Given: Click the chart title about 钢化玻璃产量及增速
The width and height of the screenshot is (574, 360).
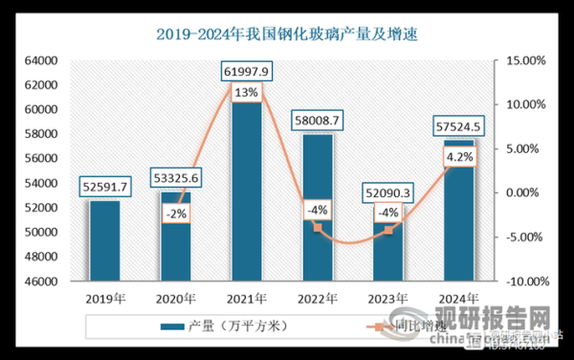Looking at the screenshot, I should [x=286, y=35].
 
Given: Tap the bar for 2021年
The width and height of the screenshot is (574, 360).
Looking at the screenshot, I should [x=246, y=191].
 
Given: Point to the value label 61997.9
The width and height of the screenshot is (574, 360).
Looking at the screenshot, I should [x=246, y=71].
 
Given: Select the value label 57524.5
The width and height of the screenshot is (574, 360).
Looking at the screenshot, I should [x=458, y=125].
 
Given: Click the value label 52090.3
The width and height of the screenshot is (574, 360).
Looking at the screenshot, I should [x=388, y=194].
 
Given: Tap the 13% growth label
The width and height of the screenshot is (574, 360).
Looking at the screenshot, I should [x=246, y=93].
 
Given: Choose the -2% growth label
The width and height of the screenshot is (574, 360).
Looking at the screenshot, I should [x=175, y=214].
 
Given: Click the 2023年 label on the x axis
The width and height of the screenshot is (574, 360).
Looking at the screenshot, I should [x=387, y=299].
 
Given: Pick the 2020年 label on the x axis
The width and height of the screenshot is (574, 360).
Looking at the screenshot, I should [x=175, y=299].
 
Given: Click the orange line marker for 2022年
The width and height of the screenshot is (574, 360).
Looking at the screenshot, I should [x=317, y=227].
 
